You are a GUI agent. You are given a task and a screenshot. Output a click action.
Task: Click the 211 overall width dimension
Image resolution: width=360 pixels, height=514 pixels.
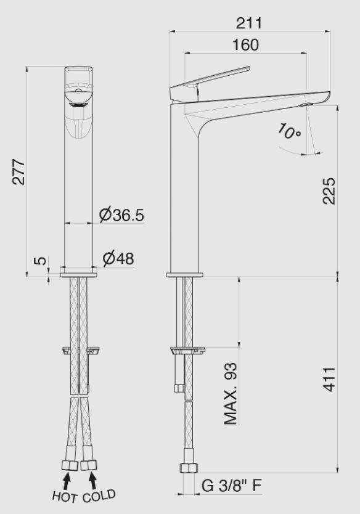[249, 23]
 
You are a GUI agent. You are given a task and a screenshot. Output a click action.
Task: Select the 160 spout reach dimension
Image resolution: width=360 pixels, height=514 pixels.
[246, 45]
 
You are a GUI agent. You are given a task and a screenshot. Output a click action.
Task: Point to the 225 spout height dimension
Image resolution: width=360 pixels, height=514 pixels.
[329, 192]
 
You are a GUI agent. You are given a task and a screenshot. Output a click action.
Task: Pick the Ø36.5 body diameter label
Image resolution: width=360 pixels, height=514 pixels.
[121, 215]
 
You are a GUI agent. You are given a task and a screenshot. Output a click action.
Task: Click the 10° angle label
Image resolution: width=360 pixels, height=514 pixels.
[288, 133]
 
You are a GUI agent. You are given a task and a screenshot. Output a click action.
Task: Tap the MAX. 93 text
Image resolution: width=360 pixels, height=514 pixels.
[231, 394]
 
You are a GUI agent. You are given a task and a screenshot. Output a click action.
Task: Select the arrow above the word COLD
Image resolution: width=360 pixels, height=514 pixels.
[93, 479]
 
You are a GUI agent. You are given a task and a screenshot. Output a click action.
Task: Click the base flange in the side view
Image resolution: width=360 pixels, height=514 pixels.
[184, 274]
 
